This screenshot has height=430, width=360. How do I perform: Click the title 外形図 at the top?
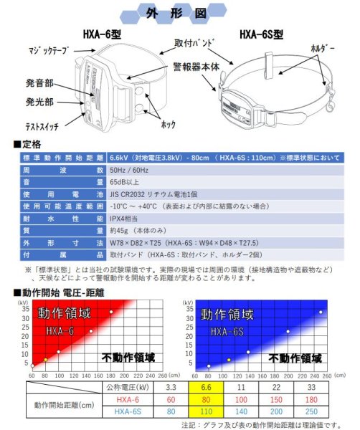click(x=179, y=13)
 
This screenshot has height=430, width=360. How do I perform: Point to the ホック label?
click(x=169, y=124)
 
